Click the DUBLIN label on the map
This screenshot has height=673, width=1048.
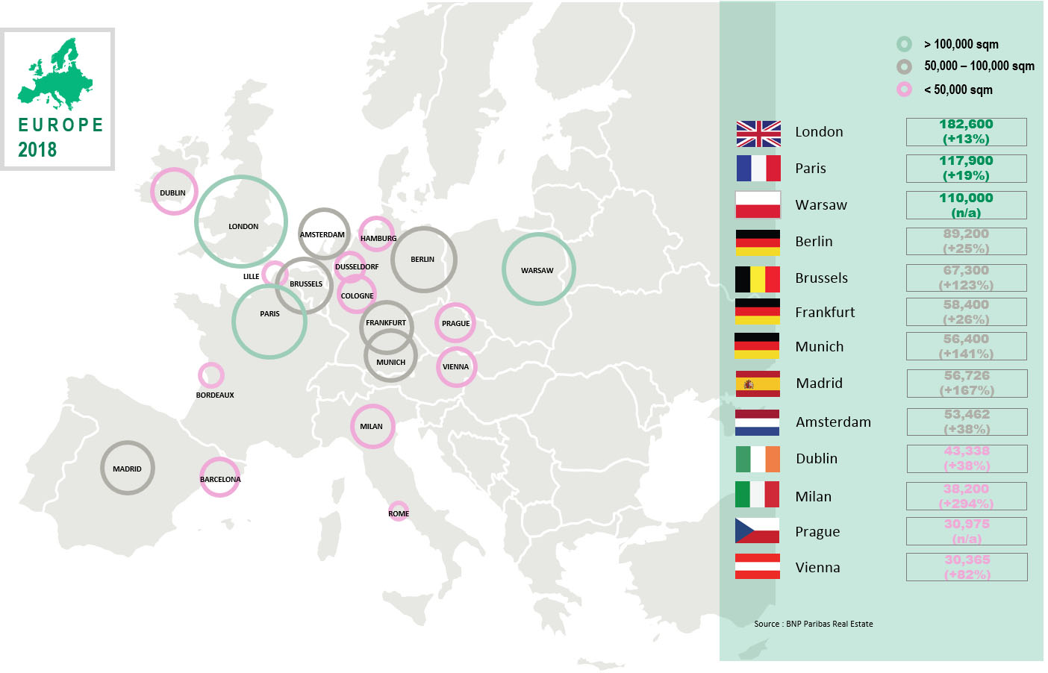[172, 193]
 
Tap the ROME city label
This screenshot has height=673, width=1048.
[399, 514]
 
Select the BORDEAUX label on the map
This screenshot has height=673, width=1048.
[215, 395]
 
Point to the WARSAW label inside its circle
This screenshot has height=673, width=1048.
[537, 271]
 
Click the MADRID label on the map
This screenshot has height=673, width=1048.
[127, 469]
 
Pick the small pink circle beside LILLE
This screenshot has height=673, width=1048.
[274, 274]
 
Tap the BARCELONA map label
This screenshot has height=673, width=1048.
[220, 480]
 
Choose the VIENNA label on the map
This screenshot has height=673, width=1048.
[455, 367]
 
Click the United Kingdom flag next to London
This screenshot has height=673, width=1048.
[758, 134]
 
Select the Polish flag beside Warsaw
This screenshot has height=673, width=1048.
[758, 205]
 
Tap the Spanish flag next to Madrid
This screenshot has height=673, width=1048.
[758, 384]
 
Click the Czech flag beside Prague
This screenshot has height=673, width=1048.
[757, 530]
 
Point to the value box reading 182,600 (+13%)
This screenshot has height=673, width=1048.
[966, 132]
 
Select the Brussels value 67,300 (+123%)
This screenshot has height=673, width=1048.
[966, 278]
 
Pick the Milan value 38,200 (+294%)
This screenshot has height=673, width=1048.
[966, 496]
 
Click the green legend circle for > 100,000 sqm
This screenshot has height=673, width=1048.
[904, 44]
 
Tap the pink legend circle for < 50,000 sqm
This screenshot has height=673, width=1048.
[904, 90]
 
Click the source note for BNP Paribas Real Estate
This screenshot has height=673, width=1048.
[813, 624]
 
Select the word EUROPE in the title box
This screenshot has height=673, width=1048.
[60, 125]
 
